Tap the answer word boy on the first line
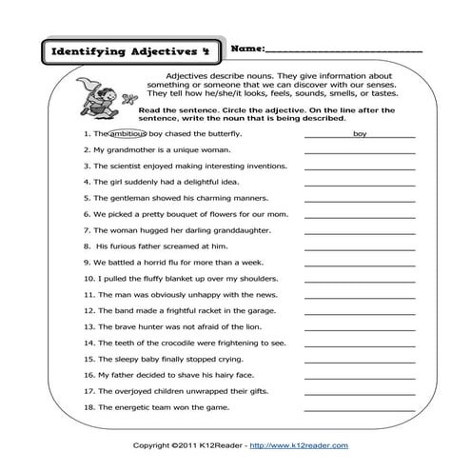click(359, 134)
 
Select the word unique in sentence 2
click(185, 150)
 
